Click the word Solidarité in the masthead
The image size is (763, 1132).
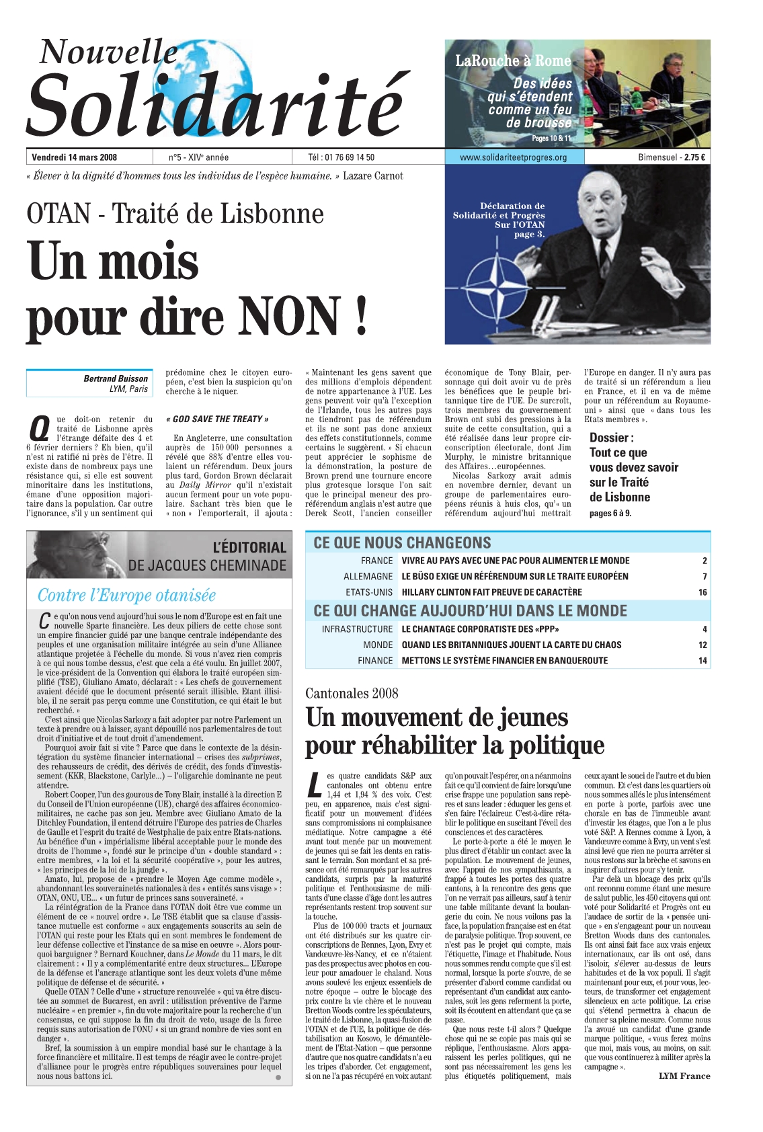[215, 104]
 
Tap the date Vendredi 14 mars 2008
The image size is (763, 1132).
[75, 157]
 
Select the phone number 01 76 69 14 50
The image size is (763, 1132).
[350, 157]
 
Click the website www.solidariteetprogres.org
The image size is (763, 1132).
[513, 157]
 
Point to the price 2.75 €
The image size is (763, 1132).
[694, 157]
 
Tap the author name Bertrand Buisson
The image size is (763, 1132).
[116, 378]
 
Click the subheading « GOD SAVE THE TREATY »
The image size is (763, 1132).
[217, 419]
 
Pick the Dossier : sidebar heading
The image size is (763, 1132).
[611, 438]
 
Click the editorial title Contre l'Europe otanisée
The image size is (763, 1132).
[127, 595]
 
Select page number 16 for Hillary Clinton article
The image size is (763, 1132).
[702, 592]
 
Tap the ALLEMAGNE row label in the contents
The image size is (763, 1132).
[368, 576]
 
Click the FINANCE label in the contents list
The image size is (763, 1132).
[374, 660]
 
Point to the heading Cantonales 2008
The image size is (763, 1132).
[352, 693]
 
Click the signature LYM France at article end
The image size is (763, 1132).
[684, 1076]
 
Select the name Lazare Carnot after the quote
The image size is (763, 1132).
[373, 176]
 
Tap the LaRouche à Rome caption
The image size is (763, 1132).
[513, 60]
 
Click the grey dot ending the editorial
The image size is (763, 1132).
[278, 1078]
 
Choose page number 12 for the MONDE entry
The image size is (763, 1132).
[702, 645]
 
